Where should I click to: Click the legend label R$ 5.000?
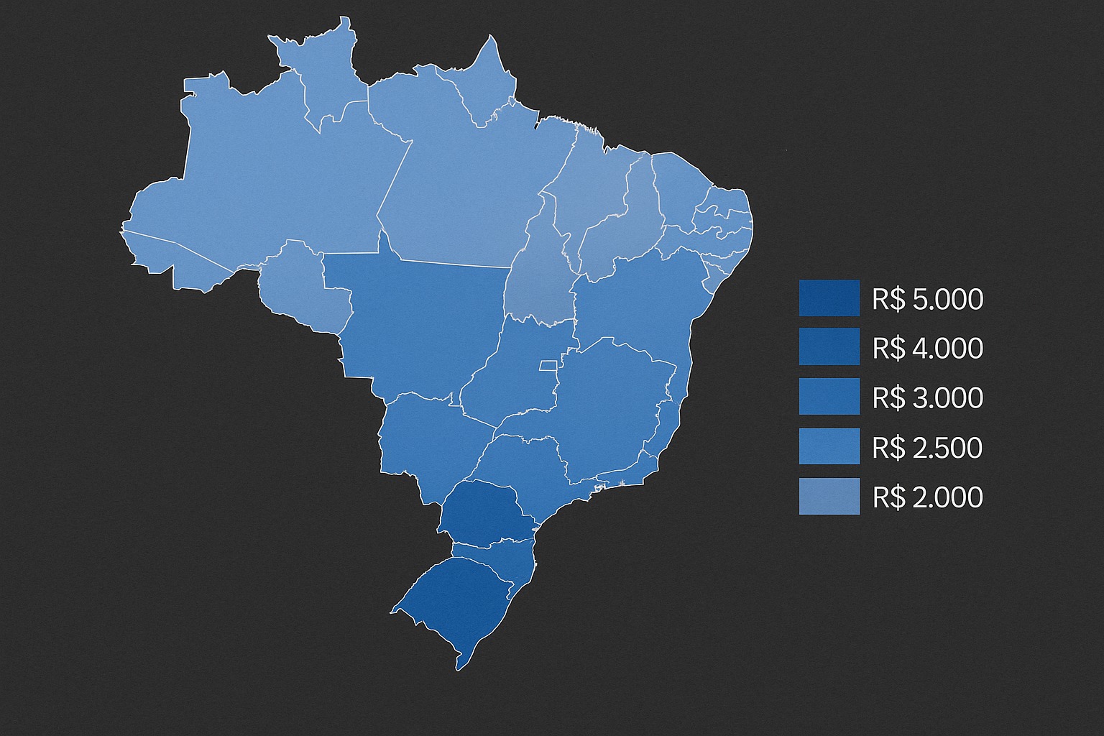927,299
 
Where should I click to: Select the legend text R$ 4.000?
927,349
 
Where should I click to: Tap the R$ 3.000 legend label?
927,397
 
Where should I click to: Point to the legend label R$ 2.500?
927,448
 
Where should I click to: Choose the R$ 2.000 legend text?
927,497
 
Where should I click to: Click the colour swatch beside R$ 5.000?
829,298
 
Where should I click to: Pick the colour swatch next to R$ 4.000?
829,347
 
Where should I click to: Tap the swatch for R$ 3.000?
829,397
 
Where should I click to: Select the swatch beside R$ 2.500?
829,446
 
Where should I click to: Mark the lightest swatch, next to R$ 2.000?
829,496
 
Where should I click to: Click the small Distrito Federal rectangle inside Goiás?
549,366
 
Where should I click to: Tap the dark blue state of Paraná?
485,510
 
